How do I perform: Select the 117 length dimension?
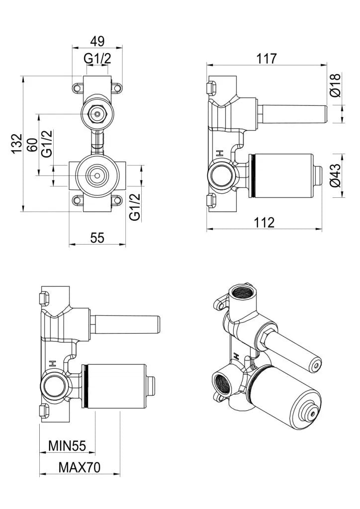point(266,58)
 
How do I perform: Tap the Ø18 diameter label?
point(336,85)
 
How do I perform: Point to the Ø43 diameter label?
point(336,175)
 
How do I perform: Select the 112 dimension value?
point(264,222)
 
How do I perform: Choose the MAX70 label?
point(80,467)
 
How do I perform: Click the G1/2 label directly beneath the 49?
point(97,58)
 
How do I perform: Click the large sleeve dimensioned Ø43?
point(281,175)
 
